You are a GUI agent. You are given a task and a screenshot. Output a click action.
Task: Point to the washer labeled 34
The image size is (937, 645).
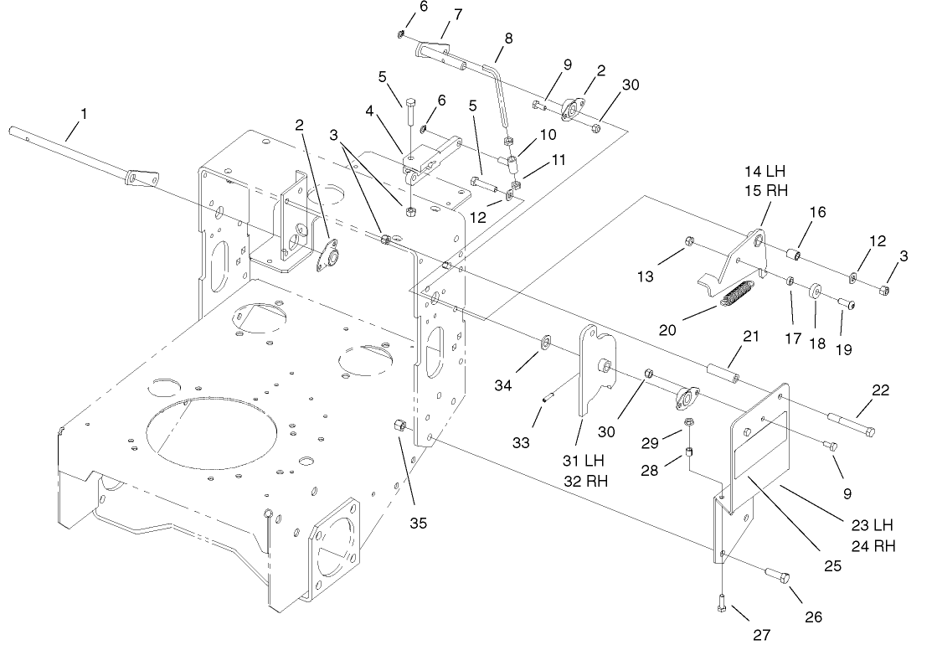point(545,342)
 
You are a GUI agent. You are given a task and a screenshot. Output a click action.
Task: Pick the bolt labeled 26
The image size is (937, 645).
point(780,576)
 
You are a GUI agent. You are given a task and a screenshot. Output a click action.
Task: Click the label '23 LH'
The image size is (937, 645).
point(871,525)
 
